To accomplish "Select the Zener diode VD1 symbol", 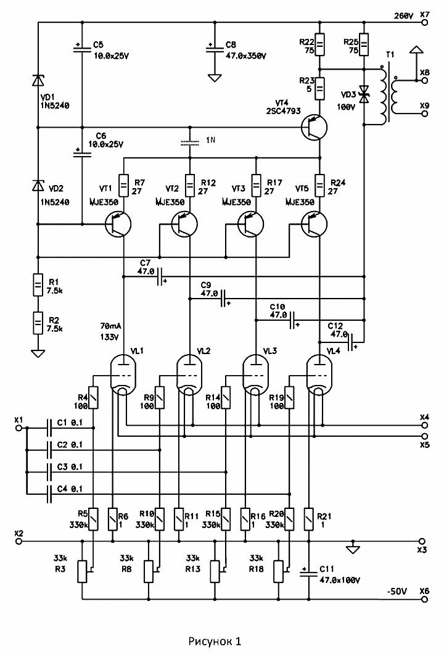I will point(38,81).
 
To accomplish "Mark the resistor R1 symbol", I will point(38,286).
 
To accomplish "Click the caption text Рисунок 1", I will point(215,642).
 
